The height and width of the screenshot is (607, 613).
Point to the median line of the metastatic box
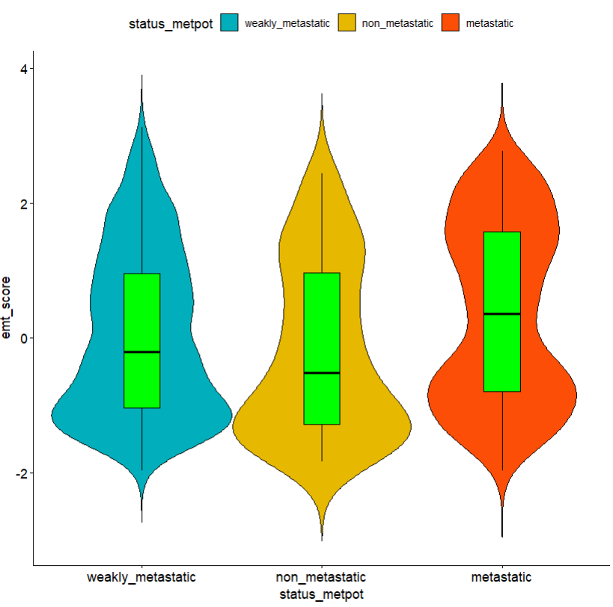501,314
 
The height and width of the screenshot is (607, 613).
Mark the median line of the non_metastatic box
322,372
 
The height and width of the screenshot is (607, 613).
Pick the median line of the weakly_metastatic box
141,351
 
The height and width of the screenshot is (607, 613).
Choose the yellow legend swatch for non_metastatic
349,23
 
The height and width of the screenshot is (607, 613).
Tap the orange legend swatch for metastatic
452,23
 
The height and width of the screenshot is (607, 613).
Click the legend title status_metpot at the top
171,23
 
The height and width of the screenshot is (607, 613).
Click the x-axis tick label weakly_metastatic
141,578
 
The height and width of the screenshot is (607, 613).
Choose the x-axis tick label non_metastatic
321,578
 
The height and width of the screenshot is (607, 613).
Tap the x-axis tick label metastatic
501,578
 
